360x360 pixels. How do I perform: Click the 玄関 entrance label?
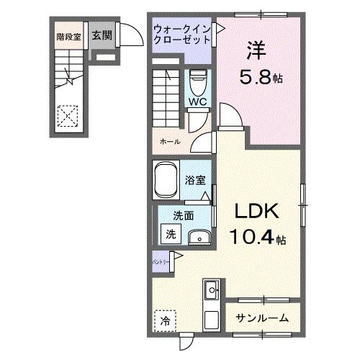click(x=102, y=35)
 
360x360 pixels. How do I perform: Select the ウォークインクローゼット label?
click(x=182, y=35)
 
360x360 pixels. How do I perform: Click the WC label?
click(x=197, y=102)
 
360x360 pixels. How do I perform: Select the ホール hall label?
click(x=170, y=142)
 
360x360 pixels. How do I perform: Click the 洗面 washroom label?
click(x=182, y=215)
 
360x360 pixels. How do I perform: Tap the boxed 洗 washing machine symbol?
click(x=171, y=233)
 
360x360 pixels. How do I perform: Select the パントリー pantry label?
click(x=161, y=264)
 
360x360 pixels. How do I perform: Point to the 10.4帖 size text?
click(x=258, y=236)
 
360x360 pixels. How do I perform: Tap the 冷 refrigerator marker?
click(x=166, y=319)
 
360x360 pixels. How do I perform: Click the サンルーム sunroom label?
click(x=264, y=318)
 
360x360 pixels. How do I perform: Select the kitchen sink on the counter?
click(x=213, y=292)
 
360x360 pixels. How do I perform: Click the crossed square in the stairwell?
click(x=68, y=114)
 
